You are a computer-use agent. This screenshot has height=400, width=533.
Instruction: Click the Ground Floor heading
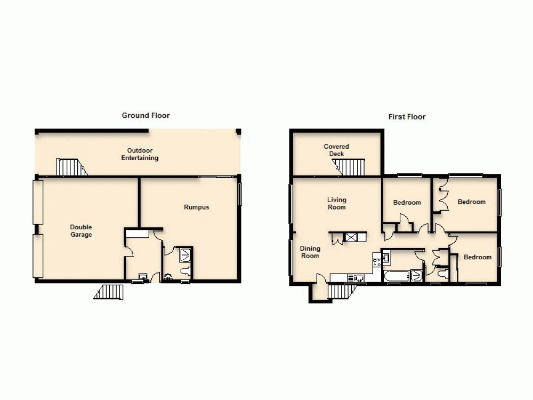coord(146,115)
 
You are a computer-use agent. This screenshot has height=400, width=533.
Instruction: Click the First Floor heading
coord(407,117)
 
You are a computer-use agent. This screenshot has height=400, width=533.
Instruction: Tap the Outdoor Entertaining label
coord(140,154)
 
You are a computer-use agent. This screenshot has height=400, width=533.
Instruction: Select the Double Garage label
coord(81,231)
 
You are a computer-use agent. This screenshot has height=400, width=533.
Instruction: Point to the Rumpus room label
coord(196,207)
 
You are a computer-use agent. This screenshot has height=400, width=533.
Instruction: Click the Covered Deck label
coord(336,150)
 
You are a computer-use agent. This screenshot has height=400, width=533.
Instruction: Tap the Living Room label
coord(336,203)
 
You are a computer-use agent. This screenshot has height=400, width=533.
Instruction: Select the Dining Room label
coord(310,252)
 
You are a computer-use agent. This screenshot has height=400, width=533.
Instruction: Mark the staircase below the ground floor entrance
coord(109,292)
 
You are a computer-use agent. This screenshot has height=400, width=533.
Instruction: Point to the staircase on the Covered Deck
coord(350,166)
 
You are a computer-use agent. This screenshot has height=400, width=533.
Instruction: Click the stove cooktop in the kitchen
coord(377,261)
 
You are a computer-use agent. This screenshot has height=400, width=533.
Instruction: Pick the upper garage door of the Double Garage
coord(37,202)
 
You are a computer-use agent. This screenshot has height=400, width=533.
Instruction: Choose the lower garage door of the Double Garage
coord(37,256)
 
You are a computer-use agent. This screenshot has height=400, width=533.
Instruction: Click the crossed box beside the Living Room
coord(352,238)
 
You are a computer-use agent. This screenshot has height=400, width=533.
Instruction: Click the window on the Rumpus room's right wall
coord(239,194)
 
